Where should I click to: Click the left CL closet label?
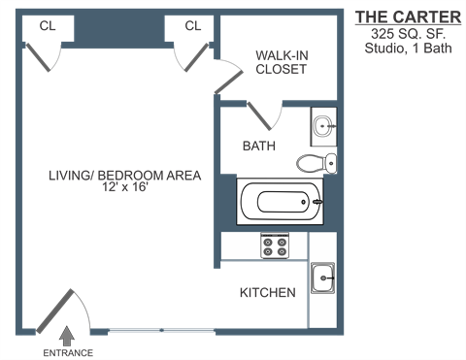pyautogui.click(x=48, y=26)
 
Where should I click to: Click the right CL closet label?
pyautogui.click(x=192, y=26)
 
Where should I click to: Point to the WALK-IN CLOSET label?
pyautogui.click(x=281, y=62)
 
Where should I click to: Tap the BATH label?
pyautogui.click(x=258, y=147)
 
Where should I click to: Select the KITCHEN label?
pyautogui.click(x=267, y=292)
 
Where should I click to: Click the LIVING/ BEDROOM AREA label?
pyautogui.click(x=125, y=176)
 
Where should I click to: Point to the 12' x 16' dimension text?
pyautogui.click(x=125, y=188)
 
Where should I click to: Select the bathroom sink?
pyautogui.click(x=323, y=126)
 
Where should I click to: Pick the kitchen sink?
pyautogui.click(x=322, y=280)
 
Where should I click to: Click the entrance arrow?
pyautogui.click(x=67, y=337)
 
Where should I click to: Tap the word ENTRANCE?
pyautogui.click(x=67, y=352)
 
